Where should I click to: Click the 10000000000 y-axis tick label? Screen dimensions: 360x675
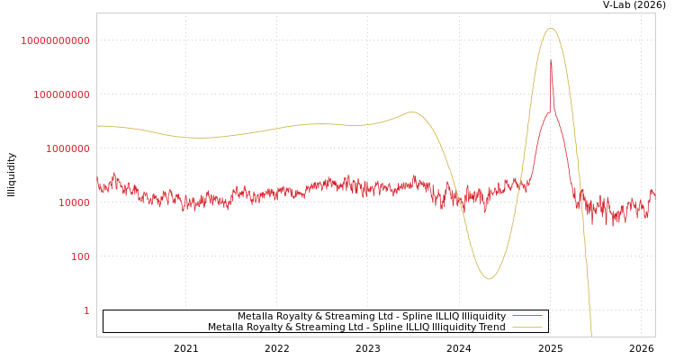point(55,40)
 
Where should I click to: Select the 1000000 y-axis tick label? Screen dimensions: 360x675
point(67,148)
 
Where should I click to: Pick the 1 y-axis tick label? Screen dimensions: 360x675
point(86,310)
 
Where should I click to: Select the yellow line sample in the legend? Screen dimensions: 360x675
point(526,328)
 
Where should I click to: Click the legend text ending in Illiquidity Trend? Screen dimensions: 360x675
point(356,328)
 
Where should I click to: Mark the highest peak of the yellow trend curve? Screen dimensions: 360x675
point(551,29)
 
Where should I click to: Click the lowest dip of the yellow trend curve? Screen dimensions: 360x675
point(489,278)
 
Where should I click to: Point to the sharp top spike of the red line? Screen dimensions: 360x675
point(551,61)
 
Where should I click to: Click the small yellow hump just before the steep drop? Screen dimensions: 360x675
point(412,112)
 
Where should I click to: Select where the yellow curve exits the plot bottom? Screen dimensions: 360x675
point(591,335)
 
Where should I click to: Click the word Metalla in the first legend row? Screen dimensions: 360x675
point(256,317)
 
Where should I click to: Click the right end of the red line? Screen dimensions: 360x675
point(653,193)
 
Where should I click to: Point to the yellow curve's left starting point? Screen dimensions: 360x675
point(97,126)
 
